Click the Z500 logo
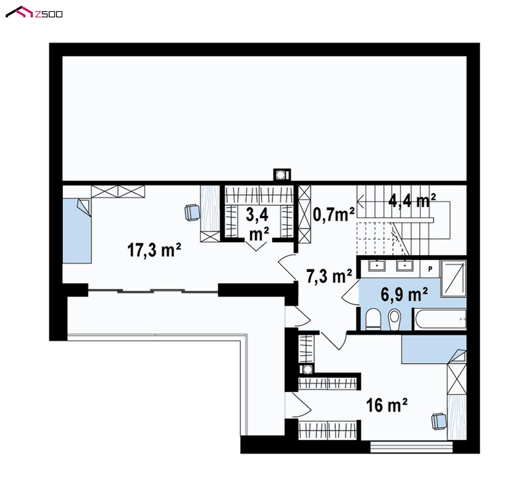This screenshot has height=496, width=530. pyautogui.click(x=34, y=12)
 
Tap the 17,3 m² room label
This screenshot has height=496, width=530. pyautogui.click(x=154, y=250)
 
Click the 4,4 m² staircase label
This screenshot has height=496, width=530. pyautogui.click(x=412, y=200)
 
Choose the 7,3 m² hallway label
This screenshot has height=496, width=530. pyautogui.click(x=329, y=276)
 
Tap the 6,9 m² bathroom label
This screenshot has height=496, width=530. pyautogui.click(x=404, y=294)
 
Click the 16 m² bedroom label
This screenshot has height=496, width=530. pyautogui.click(x=387, y=405)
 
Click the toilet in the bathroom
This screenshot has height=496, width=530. pyautogui.click(x=373, y=319)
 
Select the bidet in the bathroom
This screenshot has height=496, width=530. pyautogui.click(x=394, y=319)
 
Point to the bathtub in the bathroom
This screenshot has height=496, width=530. pyautogui.click(x=440, y=319)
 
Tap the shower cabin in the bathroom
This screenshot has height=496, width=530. pyautogui.click(x=454, y=278)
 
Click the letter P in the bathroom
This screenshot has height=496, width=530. pyautogui.click(x=430, y=269)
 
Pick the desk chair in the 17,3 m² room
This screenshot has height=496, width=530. pyautogui.click(x=192, y=213)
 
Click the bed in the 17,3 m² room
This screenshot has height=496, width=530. pyautogui.click(x=77, y=230)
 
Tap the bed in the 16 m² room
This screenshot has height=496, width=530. pyautogui.click(x=434, y=349)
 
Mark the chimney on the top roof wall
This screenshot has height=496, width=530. pyautogui.click(x=282, y=175)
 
